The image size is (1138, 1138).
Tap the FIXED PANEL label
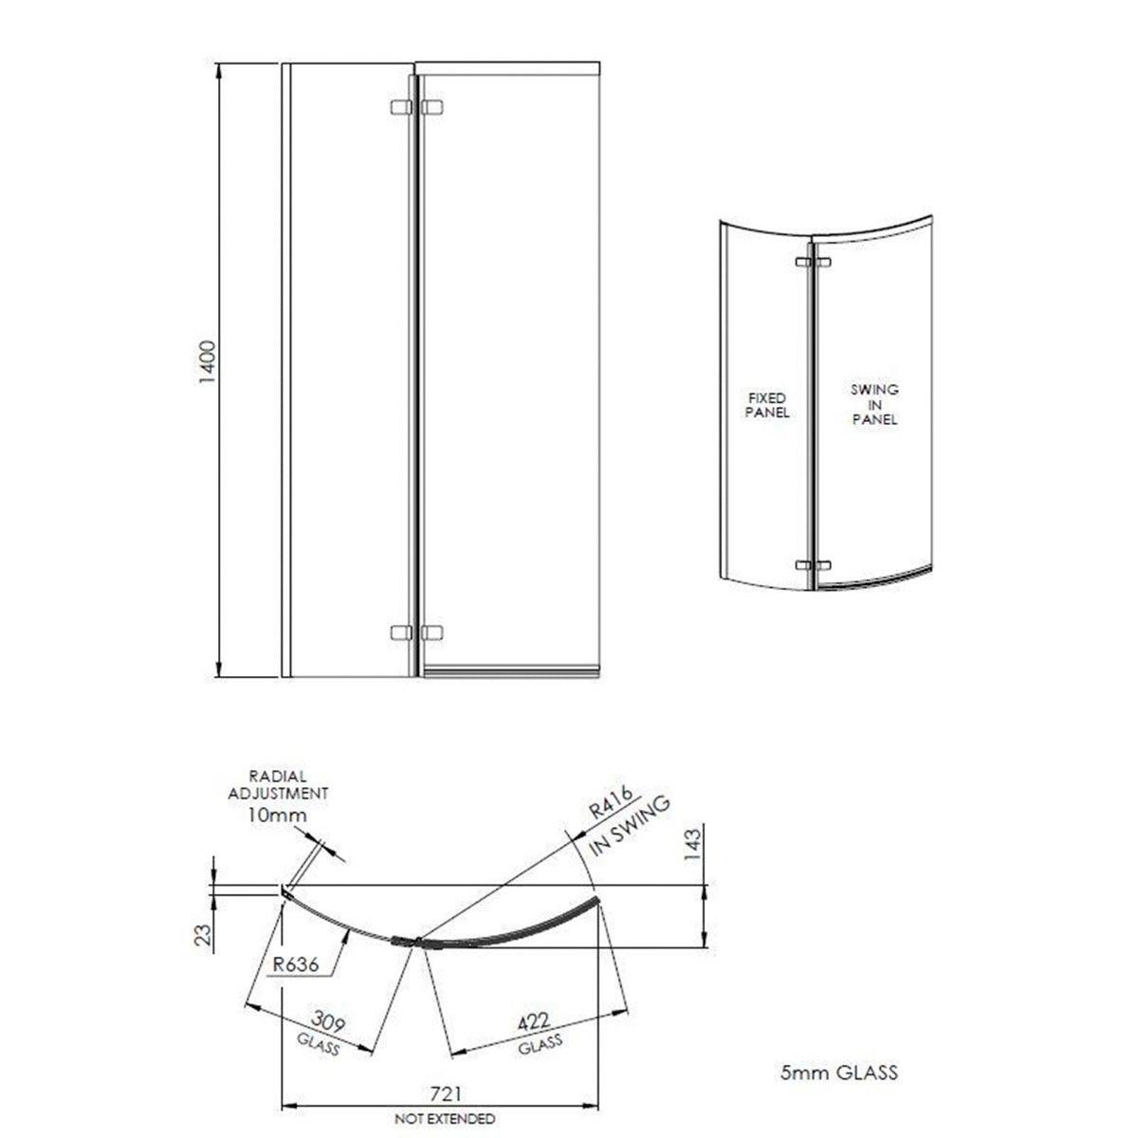pos(766,405)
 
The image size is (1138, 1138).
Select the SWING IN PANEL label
pos(873,405)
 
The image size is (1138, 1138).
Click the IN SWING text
pos(631,827)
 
